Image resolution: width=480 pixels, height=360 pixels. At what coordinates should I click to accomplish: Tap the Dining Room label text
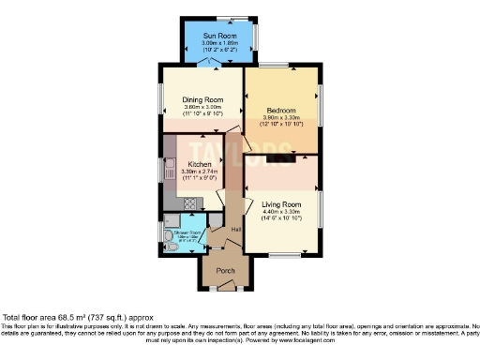click(x=202, y=99)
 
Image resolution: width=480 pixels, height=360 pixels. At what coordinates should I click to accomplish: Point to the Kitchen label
click(x=199, y=163)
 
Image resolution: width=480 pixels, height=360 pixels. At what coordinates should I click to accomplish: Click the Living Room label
click(x=281, y=203)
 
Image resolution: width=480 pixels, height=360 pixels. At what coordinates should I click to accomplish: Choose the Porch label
click(x=225, y=271)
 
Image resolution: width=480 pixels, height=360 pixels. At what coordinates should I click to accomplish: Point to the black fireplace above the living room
click(x=277, y=159)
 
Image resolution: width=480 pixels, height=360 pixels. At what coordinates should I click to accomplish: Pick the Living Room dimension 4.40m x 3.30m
click(x=281, y=212)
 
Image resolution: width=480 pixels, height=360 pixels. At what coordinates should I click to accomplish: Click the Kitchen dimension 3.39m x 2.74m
click(x=199, y=171)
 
